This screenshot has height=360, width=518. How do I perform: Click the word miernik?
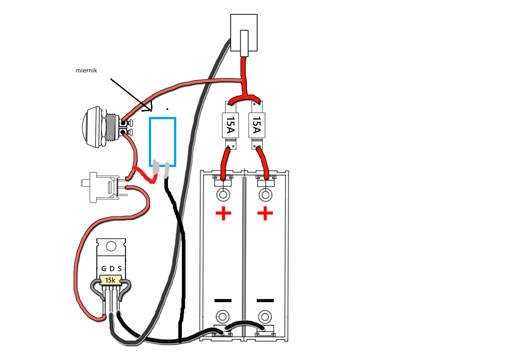(x=86, y=71)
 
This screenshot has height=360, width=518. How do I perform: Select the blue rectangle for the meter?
(x=162, y=142)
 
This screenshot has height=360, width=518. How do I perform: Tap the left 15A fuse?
(x=229, y=125)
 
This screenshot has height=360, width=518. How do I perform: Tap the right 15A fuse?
(x=256, y=125)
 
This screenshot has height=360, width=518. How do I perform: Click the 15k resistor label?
(x=110, y=280)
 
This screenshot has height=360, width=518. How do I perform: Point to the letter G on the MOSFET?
(x=103, y=269)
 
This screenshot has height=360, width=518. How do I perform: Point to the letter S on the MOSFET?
(x=119, y=269)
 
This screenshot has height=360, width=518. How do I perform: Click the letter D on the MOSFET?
(x=112, y=269)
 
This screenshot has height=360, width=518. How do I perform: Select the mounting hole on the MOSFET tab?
(x=111, y=246)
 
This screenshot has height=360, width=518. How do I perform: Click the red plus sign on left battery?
(x=223, y=214)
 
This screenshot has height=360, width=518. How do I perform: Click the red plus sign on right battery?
(x=265, y=214)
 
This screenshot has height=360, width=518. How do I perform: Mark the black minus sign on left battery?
(x=223, y=300)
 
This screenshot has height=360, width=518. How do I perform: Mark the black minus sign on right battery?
(x=265, y=300)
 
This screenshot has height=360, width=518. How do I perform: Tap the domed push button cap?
(x=90, y=128)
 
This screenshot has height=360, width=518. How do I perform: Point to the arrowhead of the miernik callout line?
(x=150, y=109)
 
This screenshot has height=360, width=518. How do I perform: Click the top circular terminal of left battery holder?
(x=223, y=195)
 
